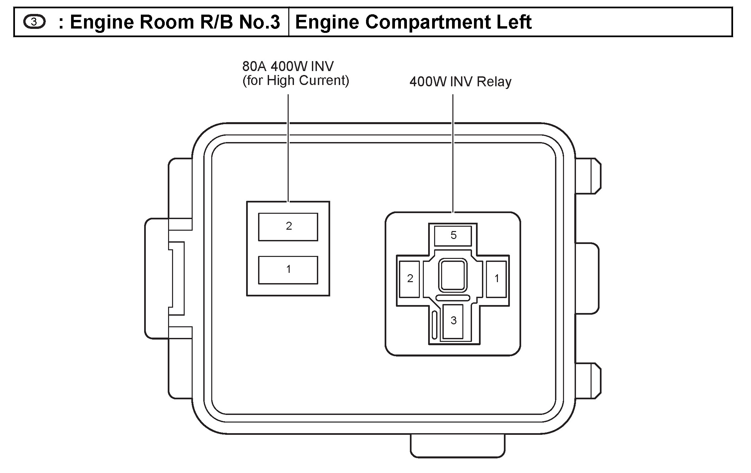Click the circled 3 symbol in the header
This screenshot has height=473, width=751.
tap(34, 22)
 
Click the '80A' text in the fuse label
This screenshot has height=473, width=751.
tap(255, 67)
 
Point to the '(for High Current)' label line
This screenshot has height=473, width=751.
tap(296, 81)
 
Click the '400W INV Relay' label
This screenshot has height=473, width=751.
tap(460, 82)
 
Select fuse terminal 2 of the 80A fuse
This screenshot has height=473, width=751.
tap(288, 227)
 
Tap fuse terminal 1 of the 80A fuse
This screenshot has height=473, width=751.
tap(288, 270)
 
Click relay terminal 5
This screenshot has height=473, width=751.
tap(453, 236)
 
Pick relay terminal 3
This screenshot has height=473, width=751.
tap(453, 321)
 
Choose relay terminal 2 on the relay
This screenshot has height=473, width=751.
tap(410, 279)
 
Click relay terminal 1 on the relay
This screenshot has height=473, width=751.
tap(496, 279)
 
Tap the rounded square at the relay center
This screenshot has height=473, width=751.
tap(453, 275)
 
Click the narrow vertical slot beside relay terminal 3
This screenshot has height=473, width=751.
tap(434, 325)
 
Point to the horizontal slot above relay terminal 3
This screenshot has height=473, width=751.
tap(453, 298)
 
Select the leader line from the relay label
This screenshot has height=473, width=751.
tap(453, 153)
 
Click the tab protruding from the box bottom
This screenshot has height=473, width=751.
tap(457, 446)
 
